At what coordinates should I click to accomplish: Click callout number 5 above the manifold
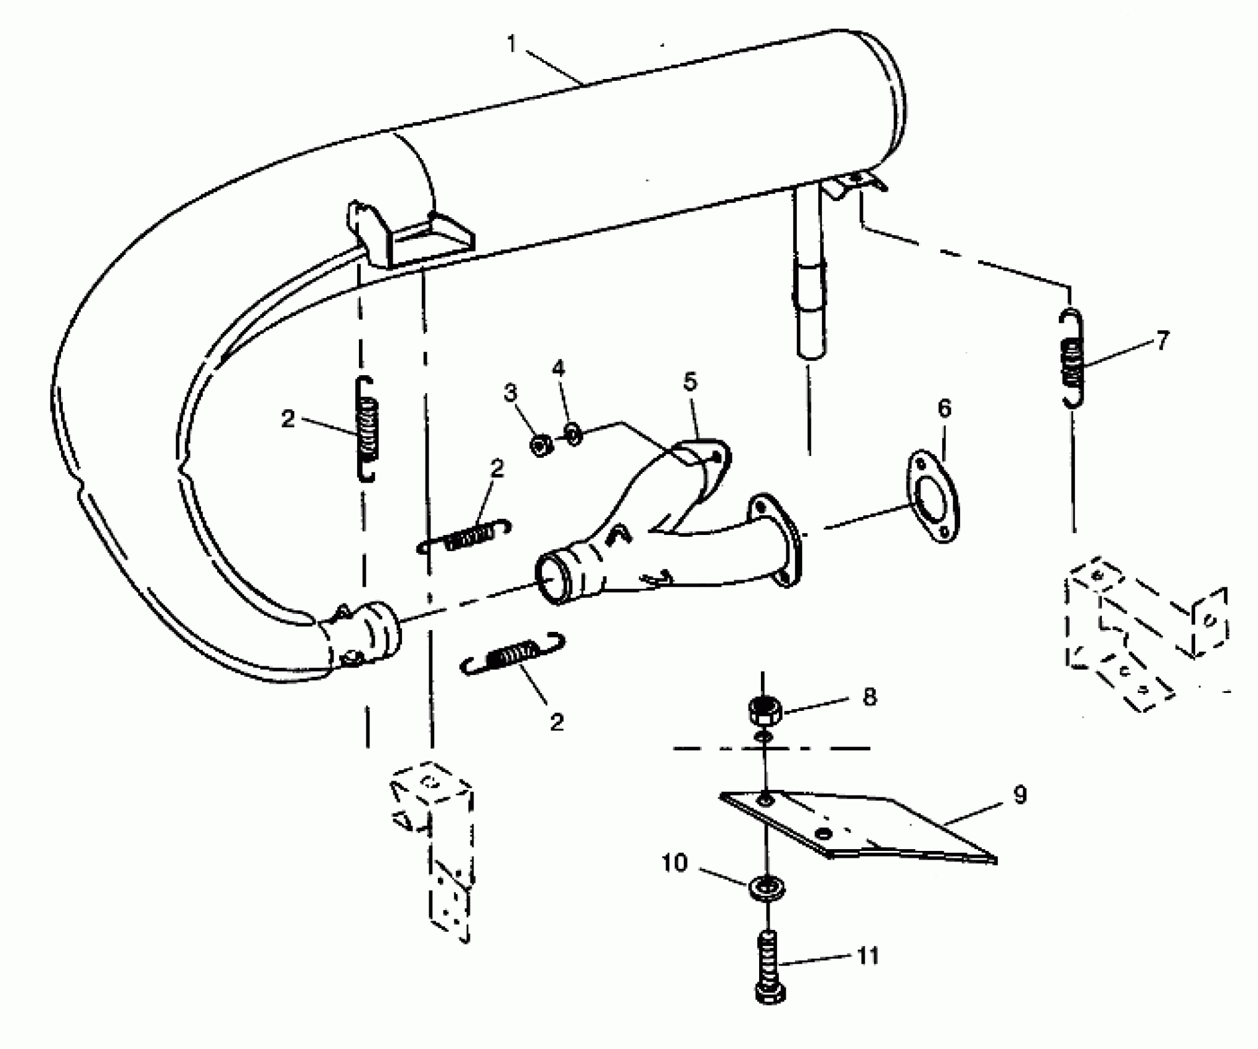tap(690, 381)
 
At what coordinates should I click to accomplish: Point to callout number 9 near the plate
tap(1020, 795)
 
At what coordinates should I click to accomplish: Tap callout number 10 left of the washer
tap(675, 863)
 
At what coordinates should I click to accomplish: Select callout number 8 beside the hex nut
tap(869, 697)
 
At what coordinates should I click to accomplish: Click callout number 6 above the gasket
tap(945, 408)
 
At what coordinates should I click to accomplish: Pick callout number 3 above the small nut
tap(511, 392)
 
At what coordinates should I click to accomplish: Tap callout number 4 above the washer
tap(558, 368)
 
